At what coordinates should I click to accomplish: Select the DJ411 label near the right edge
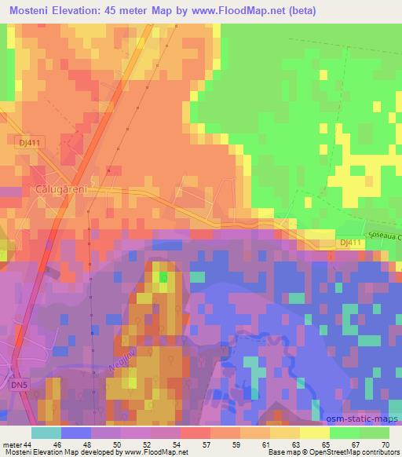tap(351, 244)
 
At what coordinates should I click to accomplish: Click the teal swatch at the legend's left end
tap(46, 432)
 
